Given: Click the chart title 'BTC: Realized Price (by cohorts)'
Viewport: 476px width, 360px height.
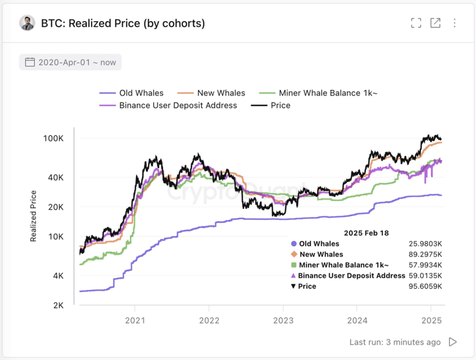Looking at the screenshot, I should click(x=123, y=24).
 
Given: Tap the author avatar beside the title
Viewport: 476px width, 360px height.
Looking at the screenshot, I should click(x=27, y=23).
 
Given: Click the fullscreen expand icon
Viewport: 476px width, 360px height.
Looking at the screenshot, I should click(x=416, y=23).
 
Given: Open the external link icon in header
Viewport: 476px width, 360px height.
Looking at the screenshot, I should click(x=435, y=23).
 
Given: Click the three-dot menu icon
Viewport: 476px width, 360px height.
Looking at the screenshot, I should click(x=454, y=23).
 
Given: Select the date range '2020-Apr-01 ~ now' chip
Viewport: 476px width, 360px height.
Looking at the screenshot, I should click(x=70, y=62).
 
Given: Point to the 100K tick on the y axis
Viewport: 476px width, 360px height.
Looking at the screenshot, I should click(x=53, y=138).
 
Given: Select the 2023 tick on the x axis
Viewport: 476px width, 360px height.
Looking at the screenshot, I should click(x=283, y=320).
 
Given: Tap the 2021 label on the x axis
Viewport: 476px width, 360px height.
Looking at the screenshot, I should click(x=134, y=320).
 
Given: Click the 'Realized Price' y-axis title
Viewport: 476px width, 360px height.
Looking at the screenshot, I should click(x=33, y=216).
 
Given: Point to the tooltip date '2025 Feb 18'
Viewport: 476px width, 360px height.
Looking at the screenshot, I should click(x=366, y=232).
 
